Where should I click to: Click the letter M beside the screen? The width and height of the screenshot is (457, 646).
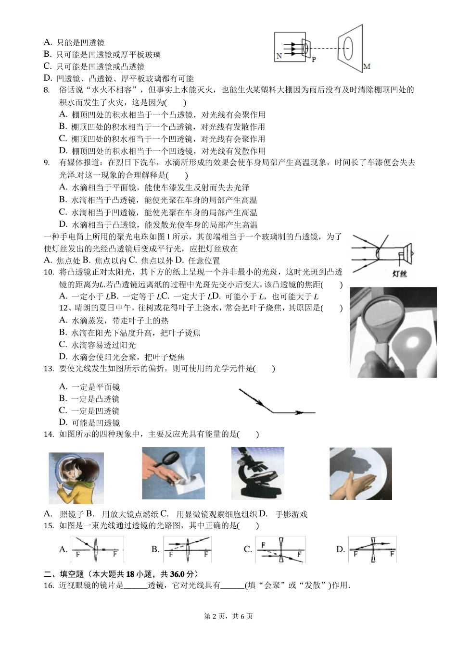[367, 66]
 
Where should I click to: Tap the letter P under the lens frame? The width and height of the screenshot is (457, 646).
[314, 59]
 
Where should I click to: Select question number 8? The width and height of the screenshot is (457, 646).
[47, 90]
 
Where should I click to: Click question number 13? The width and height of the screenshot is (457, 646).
[48, 369]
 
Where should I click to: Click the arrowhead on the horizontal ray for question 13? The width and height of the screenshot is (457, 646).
[299, 412]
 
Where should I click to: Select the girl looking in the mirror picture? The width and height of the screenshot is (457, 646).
[76, 478]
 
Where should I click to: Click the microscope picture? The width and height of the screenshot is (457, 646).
[257, 473]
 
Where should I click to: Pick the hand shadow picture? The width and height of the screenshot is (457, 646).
[360, 473]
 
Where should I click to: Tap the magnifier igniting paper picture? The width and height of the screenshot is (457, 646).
[173, 472]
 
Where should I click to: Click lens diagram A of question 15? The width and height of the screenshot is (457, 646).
[97, 549]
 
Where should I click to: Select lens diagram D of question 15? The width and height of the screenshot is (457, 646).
[372, 549]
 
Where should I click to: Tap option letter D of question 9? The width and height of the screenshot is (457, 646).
[62, 224]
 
